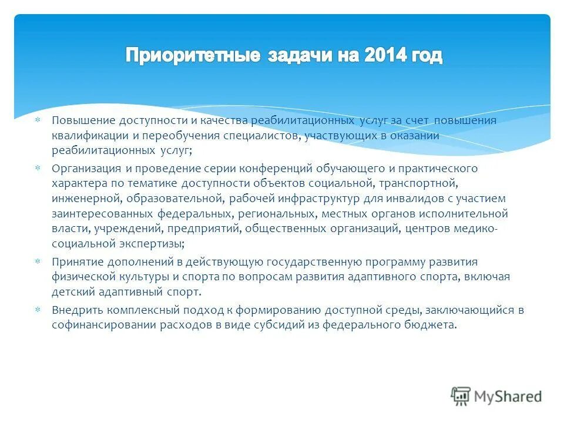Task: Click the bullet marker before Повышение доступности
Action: [38, 120]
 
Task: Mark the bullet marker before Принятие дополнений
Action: [38, 261]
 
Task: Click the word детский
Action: [70, 291]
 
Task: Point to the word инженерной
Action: [79, 199]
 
